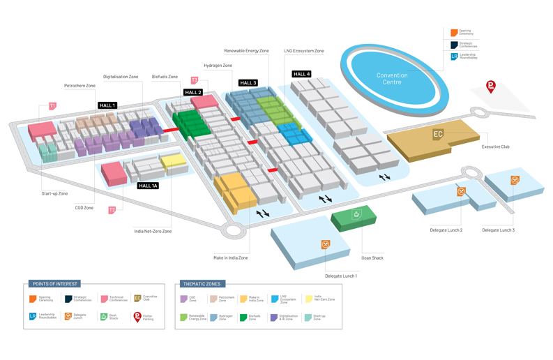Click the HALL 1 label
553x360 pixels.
pos(107,105)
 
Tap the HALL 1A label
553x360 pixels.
pos(148,186)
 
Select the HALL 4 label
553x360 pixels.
pos(301,74)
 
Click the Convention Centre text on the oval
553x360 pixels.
pos(392,79)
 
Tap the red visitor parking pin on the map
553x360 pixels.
pos(491,87)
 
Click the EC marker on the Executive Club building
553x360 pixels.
pos(438,134)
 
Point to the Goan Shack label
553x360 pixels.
pos(372,258)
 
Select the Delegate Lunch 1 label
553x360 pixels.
pos(340,276)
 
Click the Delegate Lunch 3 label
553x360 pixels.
pos(498,230)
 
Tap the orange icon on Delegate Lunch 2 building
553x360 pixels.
pos(461,191)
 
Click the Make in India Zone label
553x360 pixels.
pos(230,257)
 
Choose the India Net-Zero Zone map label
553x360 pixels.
pos(153,231)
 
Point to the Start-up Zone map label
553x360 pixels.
pos(54,193)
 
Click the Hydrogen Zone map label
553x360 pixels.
pos(218,66)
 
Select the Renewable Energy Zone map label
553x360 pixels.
pos(246,51)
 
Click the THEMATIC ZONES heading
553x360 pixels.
pos(202,284)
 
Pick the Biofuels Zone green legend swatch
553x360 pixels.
pos(243,317)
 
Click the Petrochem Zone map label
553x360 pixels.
pos(79,86)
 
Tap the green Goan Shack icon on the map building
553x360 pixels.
pos(356,214)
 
